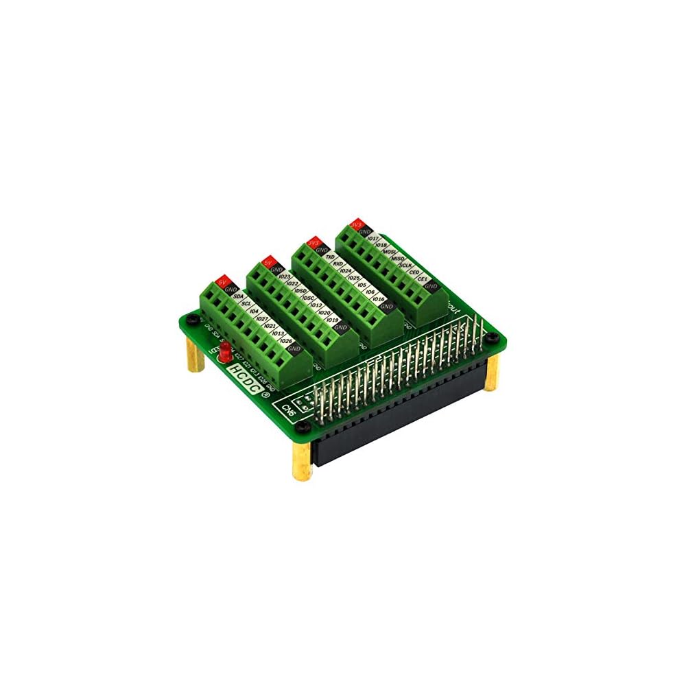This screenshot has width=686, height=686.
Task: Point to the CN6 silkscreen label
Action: click(x=289, y=410)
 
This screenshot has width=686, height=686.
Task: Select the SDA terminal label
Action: click(x=239, y=296)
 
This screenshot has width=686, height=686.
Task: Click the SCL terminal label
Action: click(x=246, y=304)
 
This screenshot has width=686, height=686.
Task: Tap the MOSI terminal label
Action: click(x=390, y=252)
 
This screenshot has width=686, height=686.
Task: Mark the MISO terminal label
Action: click(x=397, y=259)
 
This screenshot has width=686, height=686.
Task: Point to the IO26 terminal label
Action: click(x=286, y=341)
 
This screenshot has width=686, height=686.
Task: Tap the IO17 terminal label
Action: click(x=373, y=238)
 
